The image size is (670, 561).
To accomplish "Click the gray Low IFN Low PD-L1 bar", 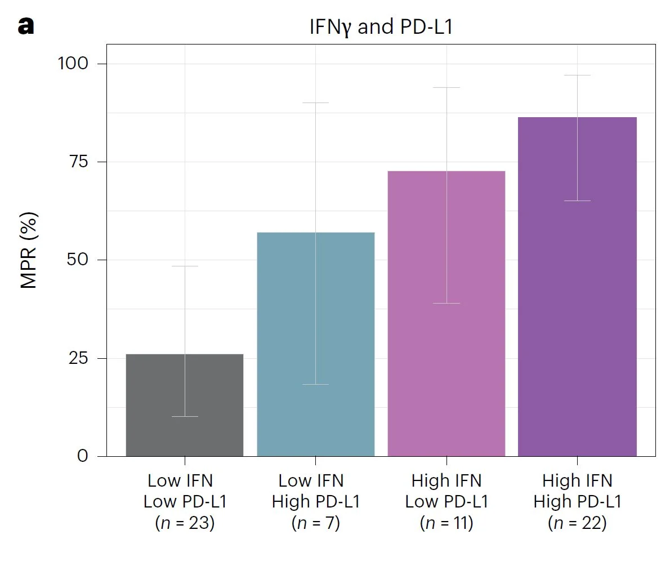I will coord(184,405).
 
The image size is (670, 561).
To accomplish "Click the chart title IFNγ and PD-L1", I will coord(381,26).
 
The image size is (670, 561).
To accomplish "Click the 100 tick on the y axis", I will coord(74,63).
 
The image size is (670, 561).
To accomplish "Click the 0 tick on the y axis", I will coord(83,456).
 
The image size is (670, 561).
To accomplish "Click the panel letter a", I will coord(26,25).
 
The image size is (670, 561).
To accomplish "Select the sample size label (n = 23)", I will coord(185,523).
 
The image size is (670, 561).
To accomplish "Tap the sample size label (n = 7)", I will coord(315,523).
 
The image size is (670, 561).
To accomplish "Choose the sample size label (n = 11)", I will coord(446,523).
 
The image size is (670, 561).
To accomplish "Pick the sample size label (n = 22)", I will coord(577,523).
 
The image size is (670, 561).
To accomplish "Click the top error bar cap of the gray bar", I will coord(185,266).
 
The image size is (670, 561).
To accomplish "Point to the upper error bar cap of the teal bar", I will coord(315,103).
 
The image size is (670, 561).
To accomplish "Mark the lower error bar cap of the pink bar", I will coord(446,303).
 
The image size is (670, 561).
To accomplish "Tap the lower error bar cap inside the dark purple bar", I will coord(577,201).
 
